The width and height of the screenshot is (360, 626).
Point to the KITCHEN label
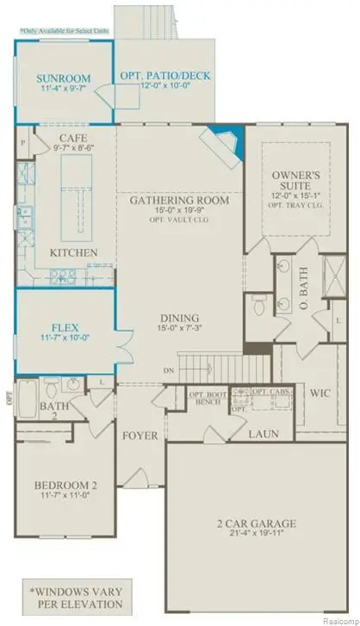point(71,252)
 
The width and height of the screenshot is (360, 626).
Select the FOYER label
point(140,436)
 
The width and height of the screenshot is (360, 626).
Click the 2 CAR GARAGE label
point(258,523)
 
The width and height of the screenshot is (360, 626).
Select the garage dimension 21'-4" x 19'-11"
point(258,536)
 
